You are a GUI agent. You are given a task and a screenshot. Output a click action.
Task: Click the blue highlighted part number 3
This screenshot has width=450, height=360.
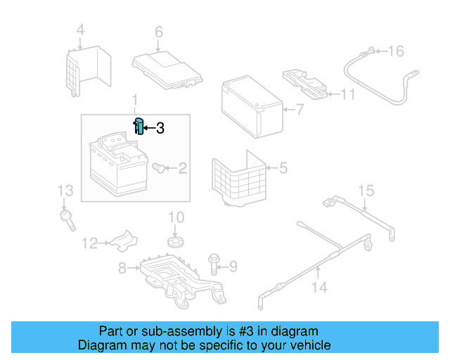coord(139,127)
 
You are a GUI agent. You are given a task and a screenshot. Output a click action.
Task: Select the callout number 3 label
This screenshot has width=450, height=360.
coord(160,128)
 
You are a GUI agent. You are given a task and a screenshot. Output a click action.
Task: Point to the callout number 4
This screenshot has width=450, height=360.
coord(80,30)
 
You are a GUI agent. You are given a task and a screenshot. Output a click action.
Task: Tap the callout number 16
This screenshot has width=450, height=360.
coord(397,51)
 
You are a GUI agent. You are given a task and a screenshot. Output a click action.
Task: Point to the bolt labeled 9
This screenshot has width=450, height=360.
coord(214,264)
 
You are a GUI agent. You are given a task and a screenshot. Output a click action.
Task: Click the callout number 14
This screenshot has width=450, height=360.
coord(319,286)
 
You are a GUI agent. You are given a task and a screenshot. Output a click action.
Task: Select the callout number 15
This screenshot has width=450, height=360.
coord(366,191)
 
